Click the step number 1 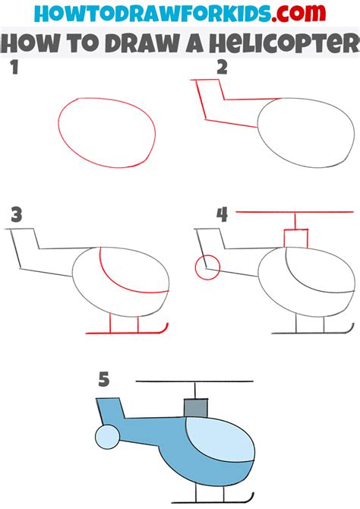pyautogui.click(x=14, y=68)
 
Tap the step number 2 pyautogui.click(x=222, y=68)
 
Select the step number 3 pyautogui.click(x=17, y=215)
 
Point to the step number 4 pyautogui.click(x=222, y=214)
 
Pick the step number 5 pyautogui.click(x=104, y=379)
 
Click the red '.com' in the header pyautogui.click(x=298, y=13)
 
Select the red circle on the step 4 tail pyautogui.click(x=207, y=267)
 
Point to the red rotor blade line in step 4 pyautogui.click(x=295, y=212)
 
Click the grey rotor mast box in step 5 pyautogui.click(x=196, y=408)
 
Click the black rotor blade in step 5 pyautogui.click(x=194, y=381)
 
